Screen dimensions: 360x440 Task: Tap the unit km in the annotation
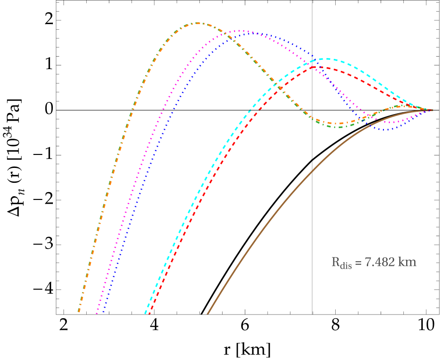[x=408, y=262]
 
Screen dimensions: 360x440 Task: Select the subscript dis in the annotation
[x=346, y=266]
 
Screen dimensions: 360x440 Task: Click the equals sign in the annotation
[x=358, y=263]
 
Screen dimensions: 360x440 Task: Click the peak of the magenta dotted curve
[x=239, y=31]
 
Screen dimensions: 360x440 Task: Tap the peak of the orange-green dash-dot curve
[x=198, y=23]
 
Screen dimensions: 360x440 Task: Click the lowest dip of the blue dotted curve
[x=386, y=129]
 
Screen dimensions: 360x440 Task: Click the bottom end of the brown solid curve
[x=207, y=314]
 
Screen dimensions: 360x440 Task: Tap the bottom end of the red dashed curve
[x=149, y=314]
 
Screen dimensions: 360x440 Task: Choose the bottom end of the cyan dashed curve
[x=145, y=314]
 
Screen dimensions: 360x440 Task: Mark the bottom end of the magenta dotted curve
[x=96, y=314]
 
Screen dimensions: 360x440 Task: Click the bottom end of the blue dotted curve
[x=102, y=314]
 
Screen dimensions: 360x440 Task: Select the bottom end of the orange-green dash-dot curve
[x=78, y=312]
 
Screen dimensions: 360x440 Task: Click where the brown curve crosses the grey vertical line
[x=312, y=170]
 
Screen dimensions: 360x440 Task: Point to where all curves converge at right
[x=432, y=110]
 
